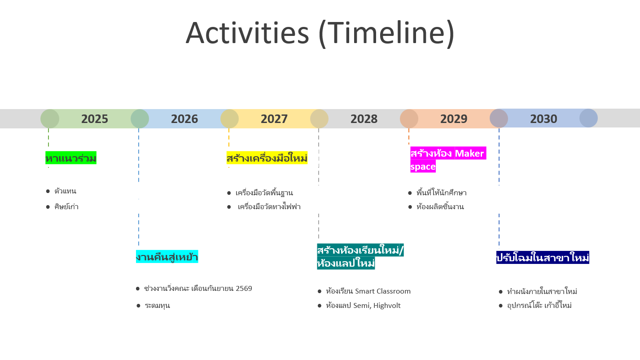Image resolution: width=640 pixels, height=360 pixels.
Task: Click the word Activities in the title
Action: pyautogui.click(x=247, y=33)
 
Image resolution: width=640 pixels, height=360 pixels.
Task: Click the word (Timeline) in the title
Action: pyautogui.click(x=386, y=33)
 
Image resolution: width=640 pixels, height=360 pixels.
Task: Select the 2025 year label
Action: pyautogui.click(x=95, y=119)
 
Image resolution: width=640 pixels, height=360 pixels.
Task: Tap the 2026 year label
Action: pyautogui.click(x=184, y=119)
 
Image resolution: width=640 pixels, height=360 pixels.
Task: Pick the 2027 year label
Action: pyautogui.click(x=274, y=119)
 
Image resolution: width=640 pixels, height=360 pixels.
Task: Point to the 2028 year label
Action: pyautogui.click(x=364, y=119)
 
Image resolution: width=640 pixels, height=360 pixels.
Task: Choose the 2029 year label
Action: pyautogui.click(x=454, y=119)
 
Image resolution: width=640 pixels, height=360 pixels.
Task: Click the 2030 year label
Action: pyautogui.click(x=544, y=119)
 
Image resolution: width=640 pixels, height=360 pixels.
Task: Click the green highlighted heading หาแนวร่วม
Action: pyautogui.click(x=71, y=158)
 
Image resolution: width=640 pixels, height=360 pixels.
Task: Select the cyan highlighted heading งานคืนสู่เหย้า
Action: pyautogui.click(x=167, y=257)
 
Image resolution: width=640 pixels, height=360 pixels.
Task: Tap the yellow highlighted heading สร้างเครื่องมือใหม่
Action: pyautogui.click(x=267, y=158)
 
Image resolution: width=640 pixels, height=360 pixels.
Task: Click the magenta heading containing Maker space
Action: pyautogui.click(x=447, y=160)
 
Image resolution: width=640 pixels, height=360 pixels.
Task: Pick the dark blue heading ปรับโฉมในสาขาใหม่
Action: pyautogui.click(x=543, y=258)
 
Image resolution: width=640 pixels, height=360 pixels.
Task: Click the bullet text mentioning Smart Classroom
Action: pyautogui.click(x=368, y=291)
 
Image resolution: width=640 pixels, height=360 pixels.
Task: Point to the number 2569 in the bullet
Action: pyautogui.click(x=244, y=288)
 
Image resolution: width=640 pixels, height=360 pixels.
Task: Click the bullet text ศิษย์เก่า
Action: pyautogui.click(x=66, y=207)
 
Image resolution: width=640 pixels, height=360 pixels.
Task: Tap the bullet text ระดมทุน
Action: pyautogui.click(x=157, y=306)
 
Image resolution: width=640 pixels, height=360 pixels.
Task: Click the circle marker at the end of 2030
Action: pyautogui.click(x=588, y=119)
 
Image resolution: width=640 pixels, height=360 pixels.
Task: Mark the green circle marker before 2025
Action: pyautogui.click(x=50, y=119)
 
